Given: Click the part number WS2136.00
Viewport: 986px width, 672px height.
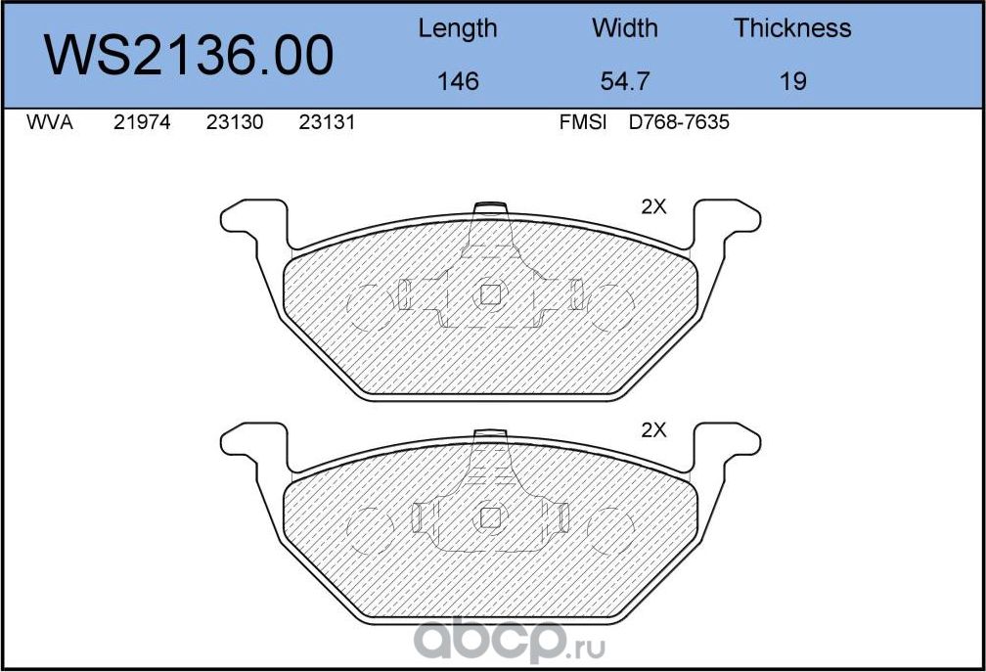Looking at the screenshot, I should tap(190, 56).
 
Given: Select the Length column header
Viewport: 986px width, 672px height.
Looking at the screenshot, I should tap(457, 28).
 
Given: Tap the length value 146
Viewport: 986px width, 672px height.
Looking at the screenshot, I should tap(457, 81).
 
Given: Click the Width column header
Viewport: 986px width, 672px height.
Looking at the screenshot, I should tap(625, 28).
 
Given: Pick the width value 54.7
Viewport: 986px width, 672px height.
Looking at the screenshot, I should tap(625, 81).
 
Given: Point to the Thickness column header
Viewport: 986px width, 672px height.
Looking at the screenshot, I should tap(792, 28).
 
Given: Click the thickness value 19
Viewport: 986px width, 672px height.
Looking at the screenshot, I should tap(793, 81).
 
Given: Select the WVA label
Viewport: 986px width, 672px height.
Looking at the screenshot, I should tap(49, 124).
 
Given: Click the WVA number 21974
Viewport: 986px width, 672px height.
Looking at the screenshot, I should tap(142, 124).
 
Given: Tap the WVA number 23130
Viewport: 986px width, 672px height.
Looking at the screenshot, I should tap(235, 124).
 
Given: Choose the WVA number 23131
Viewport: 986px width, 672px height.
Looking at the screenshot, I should tap(326, 124).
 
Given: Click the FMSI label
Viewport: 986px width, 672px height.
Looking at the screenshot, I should tap(583, 124).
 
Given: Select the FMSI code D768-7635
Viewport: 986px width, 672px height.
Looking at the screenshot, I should tap(680, 124).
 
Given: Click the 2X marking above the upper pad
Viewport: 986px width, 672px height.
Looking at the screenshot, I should tap(653, 206).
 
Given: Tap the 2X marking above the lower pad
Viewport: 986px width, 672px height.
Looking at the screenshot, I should tap(653, 429).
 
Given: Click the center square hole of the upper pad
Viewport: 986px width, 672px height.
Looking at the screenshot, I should tap(489, 293).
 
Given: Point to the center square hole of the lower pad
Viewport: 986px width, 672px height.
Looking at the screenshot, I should tap(489, 517).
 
